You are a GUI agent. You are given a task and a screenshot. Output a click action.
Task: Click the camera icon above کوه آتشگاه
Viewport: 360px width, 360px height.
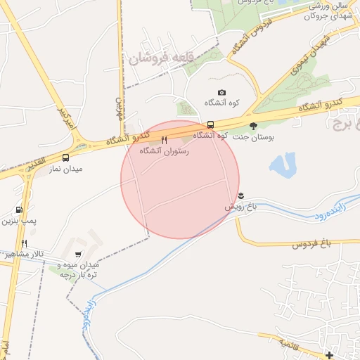coord(222,92)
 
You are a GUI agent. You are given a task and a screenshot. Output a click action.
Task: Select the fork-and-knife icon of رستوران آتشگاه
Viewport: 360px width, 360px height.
coord(164,140)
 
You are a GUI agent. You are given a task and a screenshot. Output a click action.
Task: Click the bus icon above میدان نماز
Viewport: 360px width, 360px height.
coord(65,158)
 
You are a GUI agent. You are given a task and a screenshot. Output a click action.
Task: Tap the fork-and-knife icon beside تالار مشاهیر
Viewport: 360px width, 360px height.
coord(24,243)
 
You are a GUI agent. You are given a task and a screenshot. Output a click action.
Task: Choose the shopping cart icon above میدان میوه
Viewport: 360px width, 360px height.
coord(77,255)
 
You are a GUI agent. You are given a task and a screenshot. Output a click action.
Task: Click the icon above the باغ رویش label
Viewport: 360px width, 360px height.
coord(241,195)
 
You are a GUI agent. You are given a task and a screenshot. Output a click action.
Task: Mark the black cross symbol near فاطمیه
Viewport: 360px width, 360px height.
coord(329,354)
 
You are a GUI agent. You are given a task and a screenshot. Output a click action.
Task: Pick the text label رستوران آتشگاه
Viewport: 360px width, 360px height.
coord(164,150)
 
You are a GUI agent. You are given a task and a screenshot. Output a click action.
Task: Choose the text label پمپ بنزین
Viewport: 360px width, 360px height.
coord(19,221)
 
